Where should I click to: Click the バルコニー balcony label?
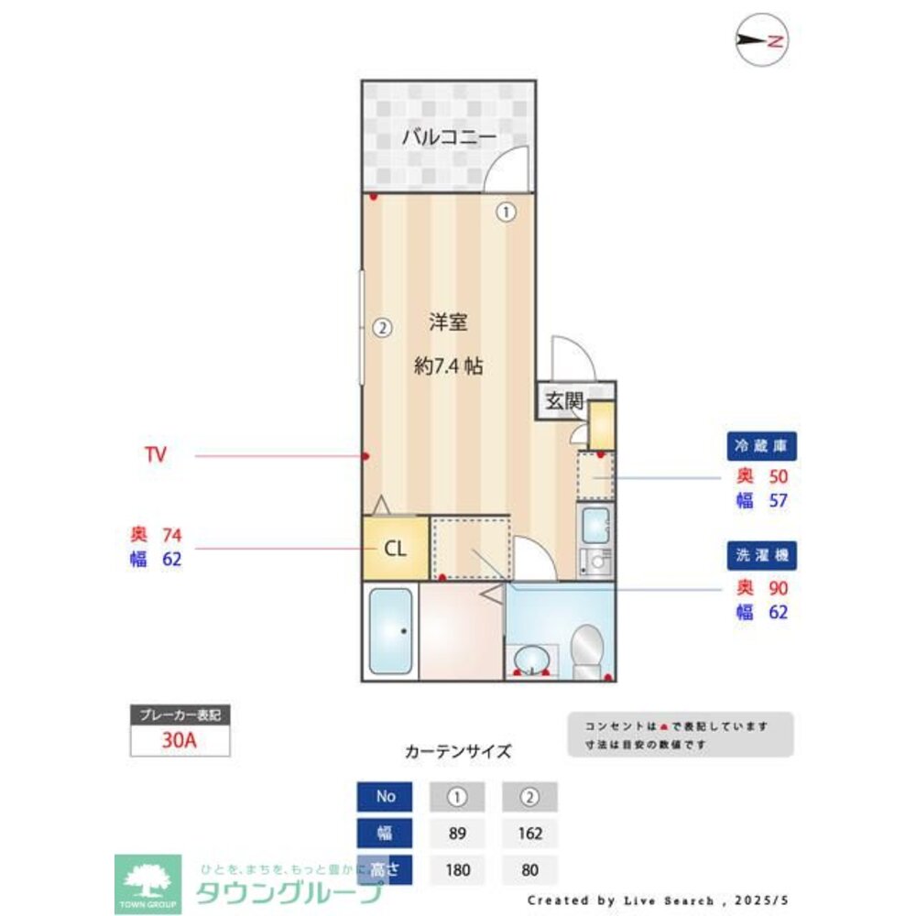(x=449, y=139)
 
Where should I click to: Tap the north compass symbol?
(x=763, y=40)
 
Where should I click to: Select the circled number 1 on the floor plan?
(x=506, y=213)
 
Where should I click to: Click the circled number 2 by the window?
(x=382, y=326)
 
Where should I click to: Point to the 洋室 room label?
(x=449, y=322)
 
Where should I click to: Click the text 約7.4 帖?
(x=449, y=366)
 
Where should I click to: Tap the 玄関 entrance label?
(x=563, y=400)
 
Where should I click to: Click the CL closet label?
(x=394, y=549)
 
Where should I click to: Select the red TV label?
(x=156, y=454)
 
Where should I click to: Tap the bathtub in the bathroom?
(x=390, y=630)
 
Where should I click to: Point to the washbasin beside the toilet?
(x=532, y=658)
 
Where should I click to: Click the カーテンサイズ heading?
(x=458, y=751)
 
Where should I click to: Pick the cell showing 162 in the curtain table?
(x=529, y=834)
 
